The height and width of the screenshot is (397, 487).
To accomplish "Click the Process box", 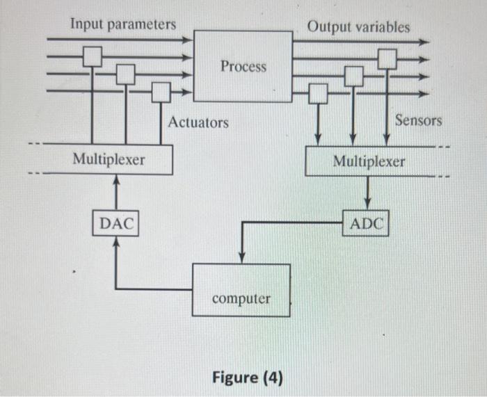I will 243,66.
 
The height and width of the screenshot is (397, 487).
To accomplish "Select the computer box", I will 241,290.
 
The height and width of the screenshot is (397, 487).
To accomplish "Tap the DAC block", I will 116,224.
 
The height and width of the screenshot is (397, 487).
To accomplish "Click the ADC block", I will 367,224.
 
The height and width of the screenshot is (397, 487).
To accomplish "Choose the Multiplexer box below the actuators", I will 109,159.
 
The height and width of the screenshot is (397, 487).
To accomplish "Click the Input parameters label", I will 122,24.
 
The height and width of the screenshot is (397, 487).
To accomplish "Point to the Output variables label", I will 358,26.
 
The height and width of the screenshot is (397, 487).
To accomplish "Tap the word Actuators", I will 198,122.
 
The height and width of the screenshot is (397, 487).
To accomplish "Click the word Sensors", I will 418,120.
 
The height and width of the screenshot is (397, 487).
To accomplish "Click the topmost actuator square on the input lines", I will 93,56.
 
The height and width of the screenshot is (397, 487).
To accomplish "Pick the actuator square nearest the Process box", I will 161,91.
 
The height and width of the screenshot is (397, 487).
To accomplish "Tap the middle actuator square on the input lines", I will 126,73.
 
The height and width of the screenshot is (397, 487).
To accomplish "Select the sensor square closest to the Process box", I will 319,92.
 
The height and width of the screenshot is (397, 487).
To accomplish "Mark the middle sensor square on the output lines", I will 354,75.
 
